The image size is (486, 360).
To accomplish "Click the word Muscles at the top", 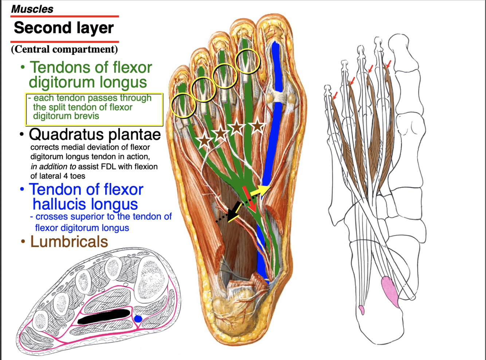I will pyautogui.click(x=32, y=9).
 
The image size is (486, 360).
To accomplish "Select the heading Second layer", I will pyautogui.click(x=64, y=28).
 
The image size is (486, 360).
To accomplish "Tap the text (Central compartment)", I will pyautogui.click(x=64, y=49).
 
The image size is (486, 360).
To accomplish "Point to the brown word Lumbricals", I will pyautogui.click(x=69, y=242).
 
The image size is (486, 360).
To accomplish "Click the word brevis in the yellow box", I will pyautogui.click(x=85, y=116).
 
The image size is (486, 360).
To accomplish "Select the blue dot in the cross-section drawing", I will pyautogui.click(x=138, y=319).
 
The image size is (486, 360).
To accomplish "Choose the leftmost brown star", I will pyautogui.click(x=204, y=140).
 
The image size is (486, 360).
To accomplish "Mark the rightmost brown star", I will pyautogui.click(x=257, y=125).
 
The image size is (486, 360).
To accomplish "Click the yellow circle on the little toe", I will pyautogui.click(x=183, y=105).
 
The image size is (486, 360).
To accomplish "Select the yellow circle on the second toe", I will pyautogui.click(x=248, y=61).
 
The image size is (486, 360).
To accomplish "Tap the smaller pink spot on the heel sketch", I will pyautogui.click(x=361, y=310).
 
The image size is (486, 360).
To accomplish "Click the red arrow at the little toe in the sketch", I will pyautogui.click(x=335, y=96).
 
